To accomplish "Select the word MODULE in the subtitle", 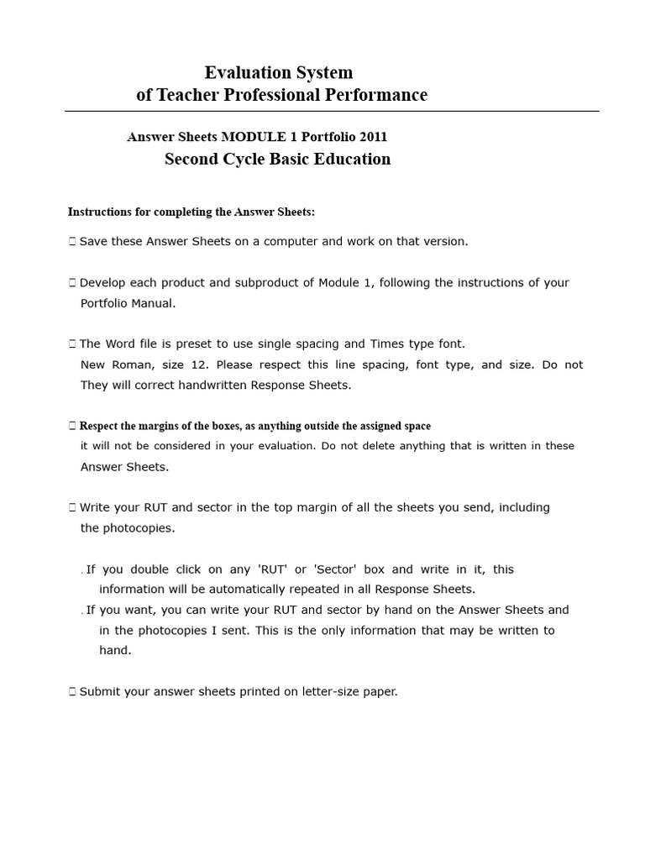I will tap(252, 137).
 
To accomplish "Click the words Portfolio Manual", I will tap(128, 303).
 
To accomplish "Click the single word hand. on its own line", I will tap(115, 650).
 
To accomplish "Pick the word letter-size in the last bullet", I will tap(328, 692).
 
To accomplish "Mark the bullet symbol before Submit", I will tap(72, 692).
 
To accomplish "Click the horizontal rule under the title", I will tap(332, 111).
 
